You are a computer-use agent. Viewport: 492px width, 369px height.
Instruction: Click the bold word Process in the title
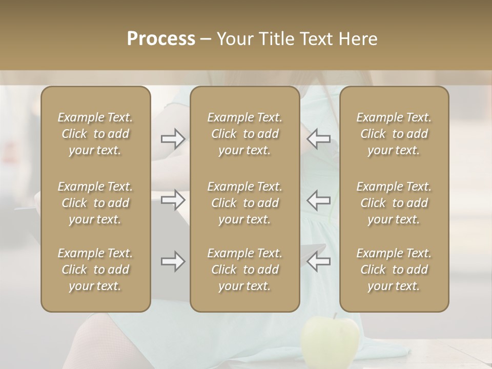click(x=161, y=39)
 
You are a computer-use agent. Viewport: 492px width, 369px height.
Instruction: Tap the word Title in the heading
click(x=274, y=39)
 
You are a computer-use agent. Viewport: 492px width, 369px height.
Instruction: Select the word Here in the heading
click(x=358, y=39)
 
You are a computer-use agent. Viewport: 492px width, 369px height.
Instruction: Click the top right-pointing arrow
click(x=173, y=139)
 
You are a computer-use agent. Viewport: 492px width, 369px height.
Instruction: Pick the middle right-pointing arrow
click(x=173, y=199)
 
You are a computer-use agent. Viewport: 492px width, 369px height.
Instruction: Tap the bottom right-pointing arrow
click(x=173, y=261)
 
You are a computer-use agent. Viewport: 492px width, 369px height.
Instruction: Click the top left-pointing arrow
click(x=318, y=139)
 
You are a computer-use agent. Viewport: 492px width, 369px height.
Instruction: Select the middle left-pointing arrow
click(x=318, y=199)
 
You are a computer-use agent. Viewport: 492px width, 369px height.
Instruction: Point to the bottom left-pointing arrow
click(x=318, y=261)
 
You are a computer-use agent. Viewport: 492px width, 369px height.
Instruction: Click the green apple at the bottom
click(x=330, y=341)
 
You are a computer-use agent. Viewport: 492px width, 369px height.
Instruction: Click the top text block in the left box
click(x=95, y=134)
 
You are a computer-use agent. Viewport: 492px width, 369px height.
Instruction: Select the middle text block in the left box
click(x=95, y=203)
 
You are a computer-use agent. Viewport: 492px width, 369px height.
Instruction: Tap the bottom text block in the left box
click(x=95, y=270)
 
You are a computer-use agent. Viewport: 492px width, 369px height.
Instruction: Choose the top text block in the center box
click(x=245, y=134)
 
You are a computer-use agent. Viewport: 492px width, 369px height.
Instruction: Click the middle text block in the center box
click(x=245, y=203)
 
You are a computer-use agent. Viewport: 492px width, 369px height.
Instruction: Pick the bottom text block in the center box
click(x=245, y=270)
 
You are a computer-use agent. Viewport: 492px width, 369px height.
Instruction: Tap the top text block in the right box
click(x=394, y=134)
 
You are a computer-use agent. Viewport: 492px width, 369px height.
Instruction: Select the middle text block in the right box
click(x=394, y=203)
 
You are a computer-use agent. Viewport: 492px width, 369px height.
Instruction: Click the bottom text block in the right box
click(x=394, y=270)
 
